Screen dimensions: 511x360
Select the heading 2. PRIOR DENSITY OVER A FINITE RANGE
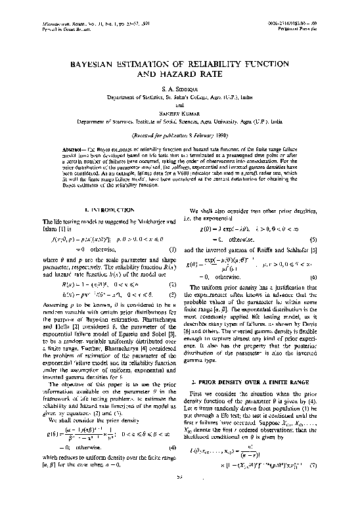tap(256, 380)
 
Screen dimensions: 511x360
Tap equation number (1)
tap(172, 250)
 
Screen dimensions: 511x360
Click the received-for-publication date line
tap(179, 139)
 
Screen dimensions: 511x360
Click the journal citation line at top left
tap(72, 24)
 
